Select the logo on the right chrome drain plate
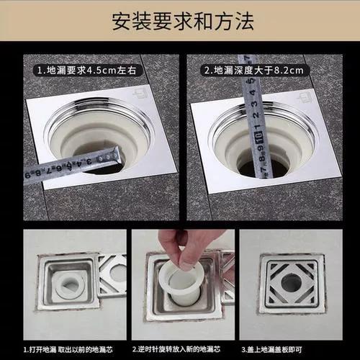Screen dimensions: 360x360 point(306,94)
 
